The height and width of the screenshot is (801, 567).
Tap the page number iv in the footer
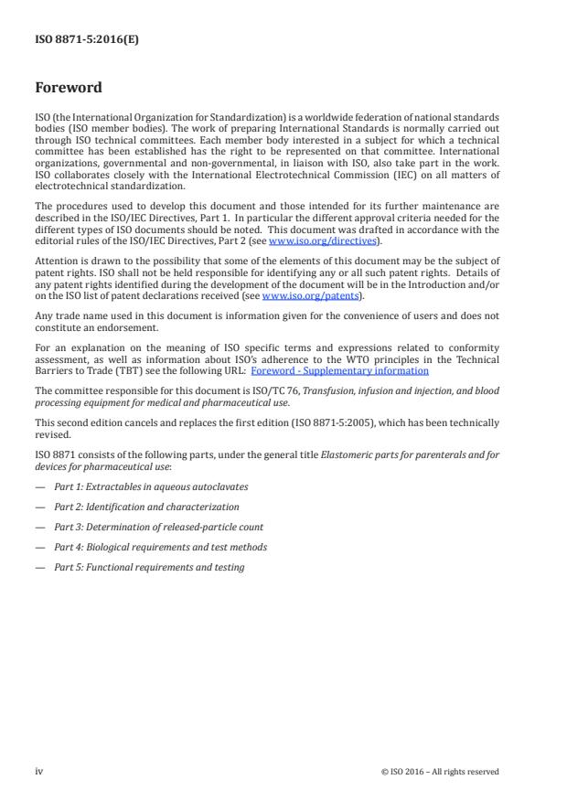click(39, 771)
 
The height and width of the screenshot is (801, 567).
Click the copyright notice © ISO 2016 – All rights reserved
click(440, 772)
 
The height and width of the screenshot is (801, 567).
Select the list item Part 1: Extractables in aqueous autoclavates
click(150, 486)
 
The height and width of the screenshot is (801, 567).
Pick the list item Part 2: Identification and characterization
click(146, 507)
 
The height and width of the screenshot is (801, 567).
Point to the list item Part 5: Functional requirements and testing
click(149, 567)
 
